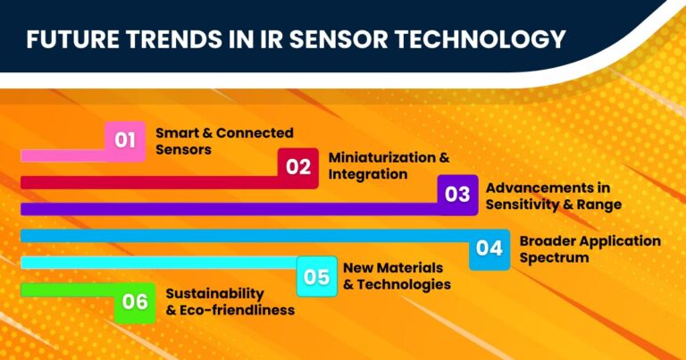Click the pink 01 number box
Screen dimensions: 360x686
pos(125,140)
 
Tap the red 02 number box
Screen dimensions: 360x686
pos(298,166)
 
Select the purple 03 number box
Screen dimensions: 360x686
pos(457,194)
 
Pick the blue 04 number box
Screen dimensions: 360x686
pos(489,248)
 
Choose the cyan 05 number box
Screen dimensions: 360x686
pos(317,276)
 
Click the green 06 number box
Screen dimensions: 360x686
pos(135,302)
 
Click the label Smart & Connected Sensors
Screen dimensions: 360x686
pos(224,141)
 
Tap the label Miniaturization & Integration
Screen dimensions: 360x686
pos(389,166)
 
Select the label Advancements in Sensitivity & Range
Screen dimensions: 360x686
pos(553,196)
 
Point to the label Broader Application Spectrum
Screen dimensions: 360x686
pos(590,249)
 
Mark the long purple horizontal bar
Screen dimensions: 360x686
pos(223,209)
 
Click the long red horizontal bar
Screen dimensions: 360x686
pos(143,182)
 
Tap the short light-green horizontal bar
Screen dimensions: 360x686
pos(63,290)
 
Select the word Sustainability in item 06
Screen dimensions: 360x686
pos(215,294)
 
